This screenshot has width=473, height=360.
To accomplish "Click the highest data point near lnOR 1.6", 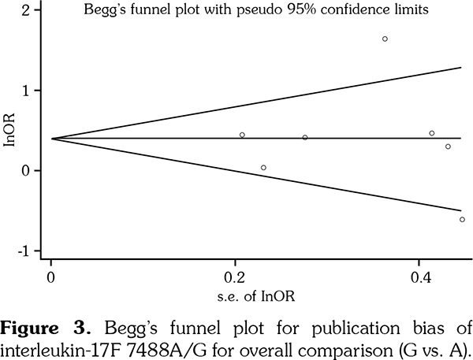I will [x=385, y=39].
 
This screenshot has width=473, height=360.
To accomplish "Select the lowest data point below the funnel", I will [x=462, y=219].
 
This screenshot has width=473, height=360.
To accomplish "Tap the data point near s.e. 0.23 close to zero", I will [x=263, y=167].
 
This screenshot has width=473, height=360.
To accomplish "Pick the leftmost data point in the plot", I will [x=242, y=135].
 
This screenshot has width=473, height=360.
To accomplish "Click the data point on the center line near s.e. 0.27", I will [x=305, y=138].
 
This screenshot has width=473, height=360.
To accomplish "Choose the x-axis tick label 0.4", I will [x=421, y=277].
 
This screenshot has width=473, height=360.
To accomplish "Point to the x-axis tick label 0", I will [x=50, y=277].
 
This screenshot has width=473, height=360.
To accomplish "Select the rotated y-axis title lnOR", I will [x=9, y=130].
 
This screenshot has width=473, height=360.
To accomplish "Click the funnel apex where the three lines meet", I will [x=51, y=139].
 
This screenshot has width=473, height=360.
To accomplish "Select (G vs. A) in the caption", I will [x=434, y=346].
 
